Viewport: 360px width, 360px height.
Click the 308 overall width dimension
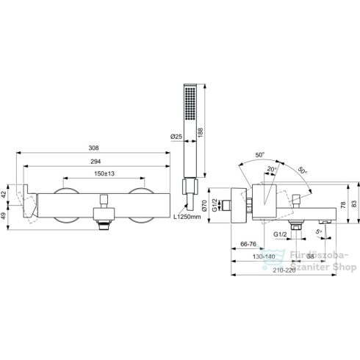click(93, 148)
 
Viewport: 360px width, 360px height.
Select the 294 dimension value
click(96, 162)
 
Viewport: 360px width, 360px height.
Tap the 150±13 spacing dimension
click(104, 173)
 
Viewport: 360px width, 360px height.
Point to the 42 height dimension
click(4, 195)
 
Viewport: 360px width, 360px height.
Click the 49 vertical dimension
click(4, 217)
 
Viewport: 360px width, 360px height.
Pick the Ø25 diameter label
click(176, 137)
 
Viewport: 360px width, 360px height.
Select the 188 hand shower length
click(201, 132)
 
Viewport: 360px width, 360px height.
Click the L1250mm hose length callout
click(187, 217)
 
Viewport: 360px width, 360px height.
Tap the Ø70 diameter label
click(205, 206)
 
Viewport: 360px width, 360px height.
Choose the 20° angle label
click(272, 169)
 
